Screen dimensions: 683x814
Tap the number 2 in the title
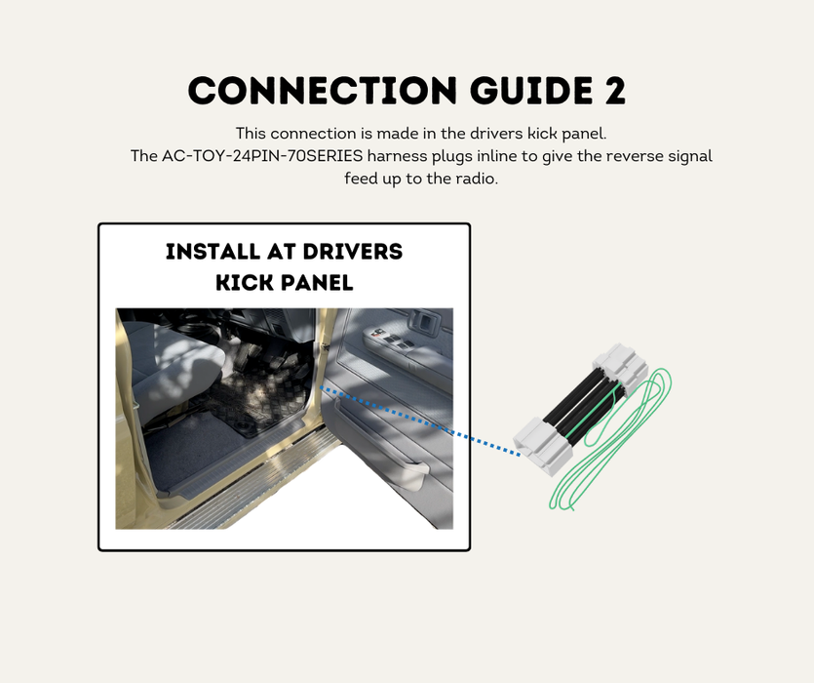point(611,91)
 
